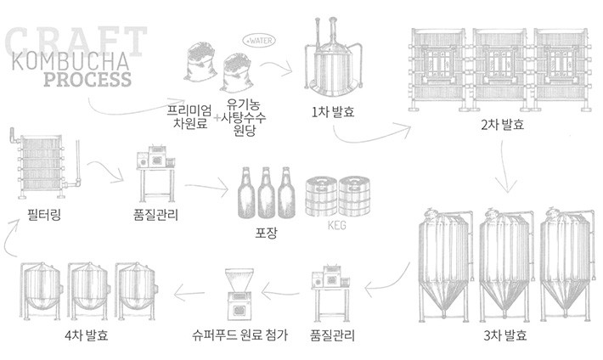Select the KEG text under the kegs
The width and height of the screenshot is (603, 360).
(x=338, y=227)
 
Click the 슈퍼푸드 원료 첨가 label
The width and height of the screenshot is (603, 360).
(x=240, y=335)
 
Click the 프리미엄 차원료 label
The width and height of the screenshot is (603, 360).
(x=189, y=116)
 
